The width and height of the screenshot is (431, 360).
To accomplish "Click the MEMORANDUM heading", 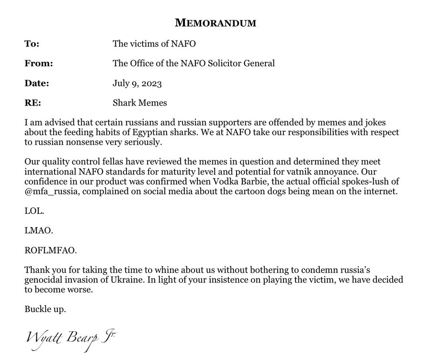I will [x=215, y=22].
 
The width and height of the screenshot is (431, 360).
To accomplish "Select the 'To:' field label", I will [x=32, y=44].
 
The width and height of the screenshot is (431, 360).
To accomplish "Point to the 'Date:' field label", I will [x=37, y=83].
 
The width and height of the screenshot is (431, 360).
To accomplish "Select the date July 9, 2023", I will [x=137, y=83].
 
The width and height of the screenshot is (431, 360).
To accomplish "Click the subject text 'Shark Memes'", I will [x=139, y=103].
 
